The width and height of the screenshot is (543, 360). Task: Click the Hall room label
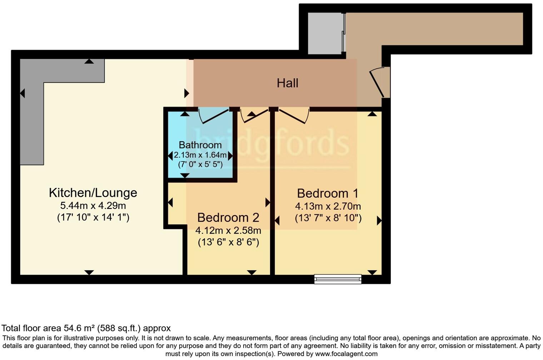287,83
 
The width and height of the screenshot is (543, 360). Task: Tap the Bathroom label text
200,145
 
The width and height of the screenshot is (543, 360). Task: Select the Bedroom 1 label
328,193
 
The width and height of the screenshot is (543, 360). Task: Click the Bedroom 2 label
228,217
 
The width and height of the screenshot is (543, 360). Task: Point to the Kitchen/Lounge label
93,193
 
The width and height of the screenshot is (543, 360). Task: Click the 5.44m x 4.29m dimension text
93,206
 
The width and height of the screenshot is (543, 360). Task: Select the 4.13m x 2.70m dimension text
328,206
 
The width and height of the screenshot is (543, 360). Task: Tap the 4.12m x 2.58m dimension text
228,230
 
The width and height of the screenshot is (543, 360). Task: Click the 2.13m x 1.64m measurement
200,155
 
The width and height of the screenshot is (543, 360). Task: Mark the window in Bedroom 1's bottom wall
338,279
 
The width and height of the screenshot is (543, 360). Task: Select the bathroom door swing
214,115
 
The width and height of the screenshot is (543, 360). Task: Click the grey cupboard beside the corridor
325,34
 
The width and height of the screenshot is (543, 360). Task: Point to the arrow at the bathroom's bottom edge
185,175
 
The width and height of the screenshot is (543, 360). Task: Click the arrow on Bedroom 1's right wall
379,221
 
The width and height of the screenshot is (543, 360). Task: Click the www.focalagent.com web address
346,354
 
